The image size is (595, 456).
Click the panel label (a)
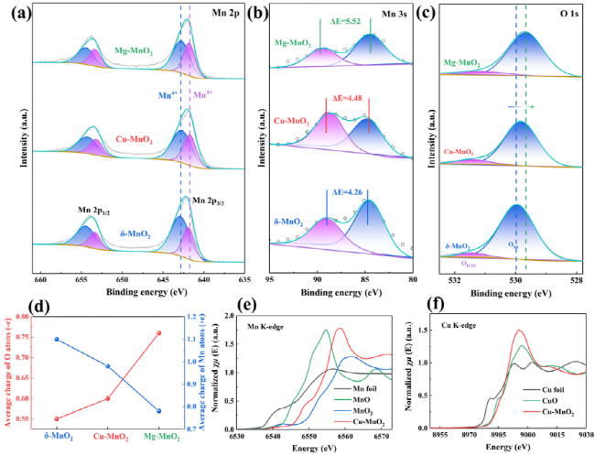pos(19,13)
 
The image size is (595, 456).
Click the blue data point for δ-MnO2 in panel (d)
pos(57,339)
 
